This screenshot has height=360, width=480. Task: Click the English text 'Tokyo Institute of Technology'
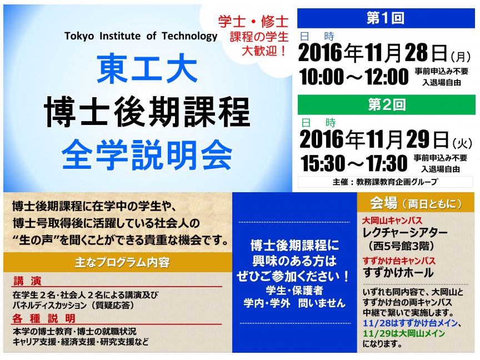(141, 36)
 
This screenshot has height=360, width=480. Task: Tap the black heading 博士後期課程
(147, 112)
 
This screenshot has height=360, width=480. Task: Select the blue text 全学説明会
(147, 154)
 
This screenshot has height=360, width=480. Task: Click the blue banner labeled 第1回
(386, 18)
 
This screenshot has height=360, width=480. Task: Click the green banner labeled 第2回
(386, 104)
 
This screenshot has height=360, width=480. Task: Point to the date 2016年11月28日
(373, 53)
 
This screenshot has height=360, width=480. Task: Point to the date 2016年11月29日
(374, 139)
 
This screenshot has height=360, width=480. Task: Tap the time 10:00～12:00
(354, 77)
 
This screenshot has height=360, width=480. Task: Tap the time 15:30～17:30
(354, 163)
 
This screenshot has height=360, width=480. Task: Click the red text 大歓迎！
(264, 51)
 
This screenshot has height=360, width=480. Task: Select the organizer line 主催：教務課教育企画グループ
(385, 182)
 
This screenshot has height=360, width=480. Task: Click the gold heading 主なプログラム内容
(122, 262)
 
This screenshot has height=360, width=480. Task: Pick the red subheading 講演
(28, 281)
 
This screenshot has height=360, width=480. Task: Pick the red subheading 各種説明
(44, 318)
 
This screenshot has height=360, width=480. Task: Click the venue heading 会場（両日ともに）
(416, 203)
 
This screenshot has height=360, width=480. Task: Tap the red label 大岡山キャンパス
(392, 221)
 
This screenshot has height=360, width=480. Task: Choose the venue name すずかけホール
(398, 272)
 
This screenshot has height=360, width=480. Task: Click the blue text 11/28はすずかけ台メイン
(410, 323)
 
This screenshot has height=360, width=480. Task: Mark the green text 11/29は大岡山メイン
(404, 333)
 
